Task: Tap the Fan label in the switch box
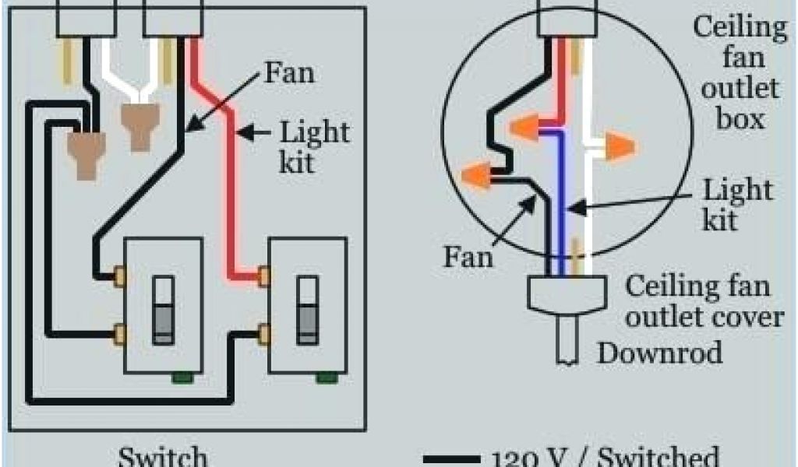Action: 290,74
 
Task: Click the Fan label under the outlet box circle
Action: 469,256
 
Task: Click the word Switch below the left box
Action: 163,455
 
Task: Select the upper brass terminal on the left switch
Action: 120,274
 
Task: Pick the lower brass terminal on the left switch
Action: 120,335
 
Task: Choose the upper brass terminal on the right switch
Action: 264,274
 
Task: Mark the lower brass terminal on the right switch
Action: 264,335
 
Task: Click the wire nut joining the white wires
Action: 140,124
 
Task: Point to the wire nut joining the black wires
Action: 87,152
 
